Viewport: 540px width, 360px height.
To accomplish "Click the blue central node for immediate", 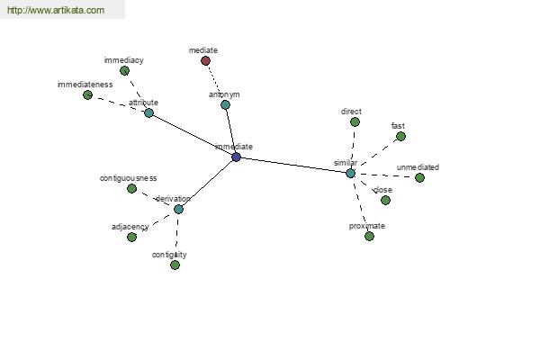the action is tap(236, 157).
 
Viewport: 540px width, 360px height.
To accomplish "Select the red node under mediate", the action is tap(205, 61).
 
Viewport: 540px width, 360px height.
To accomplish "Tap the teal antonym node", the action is tap(225, 104).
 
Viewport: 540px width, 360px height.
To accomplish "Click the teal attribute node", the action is tap(148, 112).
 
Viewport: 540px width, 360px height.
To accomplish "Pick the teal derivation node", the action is tap(178, 209).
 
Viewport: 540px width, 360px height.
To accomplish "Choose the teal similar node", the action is tap(351, 174).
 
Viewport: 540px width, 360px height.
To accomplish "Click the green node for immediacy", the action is tap(125, 71).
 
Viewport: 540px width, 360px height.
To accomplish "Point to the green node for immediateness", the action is tap(88, 94).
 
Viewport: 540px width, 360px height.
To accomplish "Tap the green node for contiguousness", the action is tap(131, 188).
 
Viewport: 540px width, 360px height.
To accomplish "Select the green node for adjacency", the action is tap(131, 237).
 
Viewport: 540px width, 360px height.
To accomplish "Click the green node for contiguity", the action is tap(175, 265).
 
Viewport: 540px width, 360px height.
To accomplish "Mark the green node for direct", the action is tap(355, 122).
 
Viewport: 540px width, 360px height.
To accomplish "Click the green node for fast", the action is tap(400, 137).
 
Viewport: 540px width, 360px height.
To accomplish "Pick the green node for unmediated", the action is tap(419, 178).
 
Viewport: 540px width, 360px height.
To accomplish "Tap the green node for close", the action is tap(385, 200).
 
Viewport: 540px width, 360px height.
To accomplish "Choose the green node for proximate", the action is tap(369, 237).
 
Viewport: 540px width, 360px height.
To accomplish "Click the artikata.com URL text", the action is tap(56, 10).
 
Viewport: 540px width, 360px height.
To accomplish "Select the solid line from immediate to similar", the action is tap(293, 166).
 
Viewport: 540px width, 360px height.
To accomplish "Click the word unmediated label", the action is tap(418, 167).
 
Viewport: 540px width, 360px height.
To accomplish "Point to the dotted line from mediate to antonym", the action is tap(216, 83).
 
